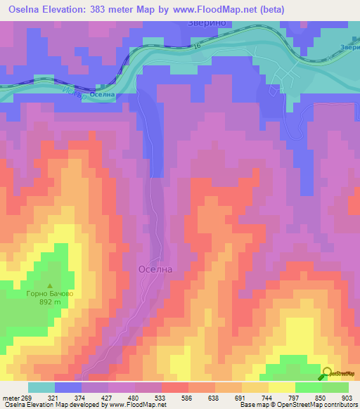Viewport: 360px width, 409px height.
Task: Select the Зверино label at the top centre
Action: pyautogui.click(x=205, y=22)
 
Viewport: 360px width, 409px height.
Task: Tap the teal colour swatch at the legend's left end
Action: pyautogui.click(x=41, y=387)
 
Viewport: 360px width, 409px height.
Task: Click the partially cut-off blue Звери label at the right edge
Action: pyautogui.click(x=349, y=47)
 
